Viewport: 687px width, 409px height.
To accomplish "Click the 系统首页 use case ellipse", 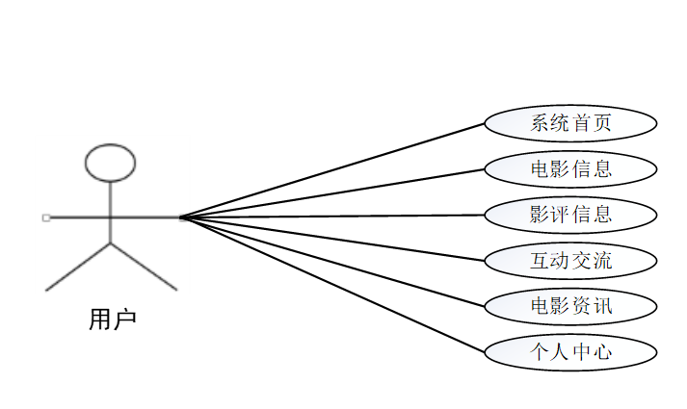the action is (570, 123).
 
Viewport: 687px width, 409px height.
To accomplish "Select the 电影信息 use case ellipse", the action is (570, 169).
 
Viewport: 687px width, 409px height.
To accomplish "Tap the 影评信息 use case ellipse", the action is (570, 215).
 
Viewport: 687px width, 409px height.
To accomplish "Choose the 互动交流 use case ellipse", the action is (570, 260).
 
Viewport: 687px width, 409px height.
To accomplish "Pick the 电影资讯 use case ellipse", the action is (570, 306).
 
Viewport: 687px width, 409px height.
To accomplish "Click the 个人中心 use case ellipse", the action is (570, 351).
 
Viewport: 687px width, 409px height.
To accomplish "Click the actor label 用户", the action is (112, 319).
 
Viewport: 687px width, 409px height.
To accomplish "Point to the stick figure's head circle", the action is (111, 163).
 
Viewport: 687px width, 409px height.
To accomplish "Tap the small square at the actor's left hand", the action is (46, 217).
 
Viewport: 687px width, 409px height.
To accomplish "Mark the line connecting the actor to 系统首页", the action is (332, 170).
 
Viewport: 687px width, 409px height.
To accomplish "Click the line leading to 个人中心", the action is (332, 284).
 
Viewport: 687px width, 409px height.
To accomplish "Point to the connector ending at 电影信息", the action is (332, 193).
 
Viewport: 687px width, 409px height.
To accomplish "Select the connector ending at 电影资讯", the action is (332, 262).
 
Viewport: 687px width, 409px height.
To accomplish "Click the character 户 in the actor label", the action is (124, 319).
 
